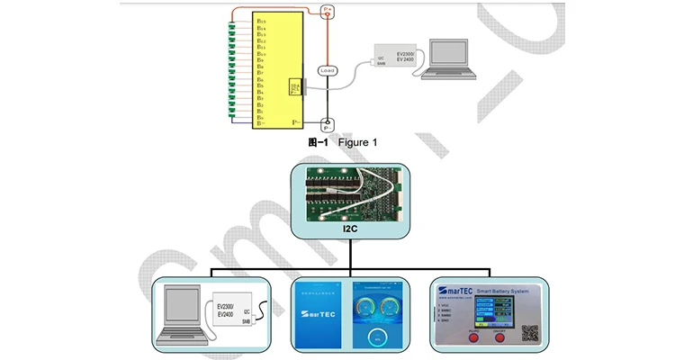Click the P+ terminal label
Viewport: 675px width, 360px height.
click(328, 10)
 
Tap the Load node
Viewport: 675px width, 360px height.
click(328, 70)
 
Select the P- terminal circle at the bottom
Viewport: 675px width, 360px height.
click(328, 126)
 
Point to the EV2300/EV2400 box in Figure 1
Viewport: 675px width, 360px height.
click(391, 57)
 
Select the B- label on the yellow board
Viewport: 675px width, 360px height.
click(261, 123)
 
